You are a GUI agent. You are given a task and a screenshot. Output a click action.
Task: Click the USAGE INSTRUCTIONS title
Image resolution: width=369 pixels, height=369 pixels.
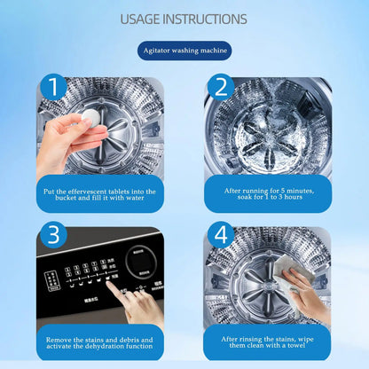(x=184, y=19)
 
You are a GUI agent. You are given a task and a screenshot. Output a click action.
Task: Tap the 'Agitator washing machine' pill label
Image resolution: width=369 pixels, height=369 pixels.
(x=184, y=51)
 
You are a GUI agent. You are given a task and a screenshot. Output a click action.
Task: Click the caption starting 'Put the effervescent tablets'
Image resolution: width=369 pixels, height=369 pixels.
(x=99, y=194)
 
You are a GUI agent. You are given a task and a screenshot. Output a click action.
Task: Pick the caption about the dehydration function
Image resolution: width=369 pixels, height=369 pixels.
(x=99, y=344)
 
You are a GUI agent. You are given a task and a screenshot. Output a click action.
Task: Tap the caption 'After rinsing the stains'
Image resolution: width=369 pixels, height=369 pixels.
(x=267, y=344)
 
